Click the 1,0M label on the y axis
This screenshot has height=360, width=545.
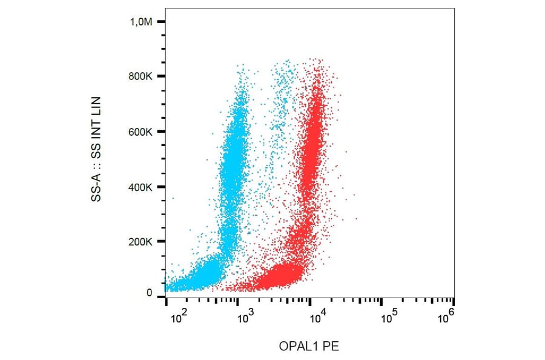(x=141, y=22)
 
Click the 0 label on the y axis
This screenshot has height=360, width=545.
(x=148, y=293)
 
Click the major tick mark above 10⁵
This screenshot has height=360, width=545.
(x=381, y=301)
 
